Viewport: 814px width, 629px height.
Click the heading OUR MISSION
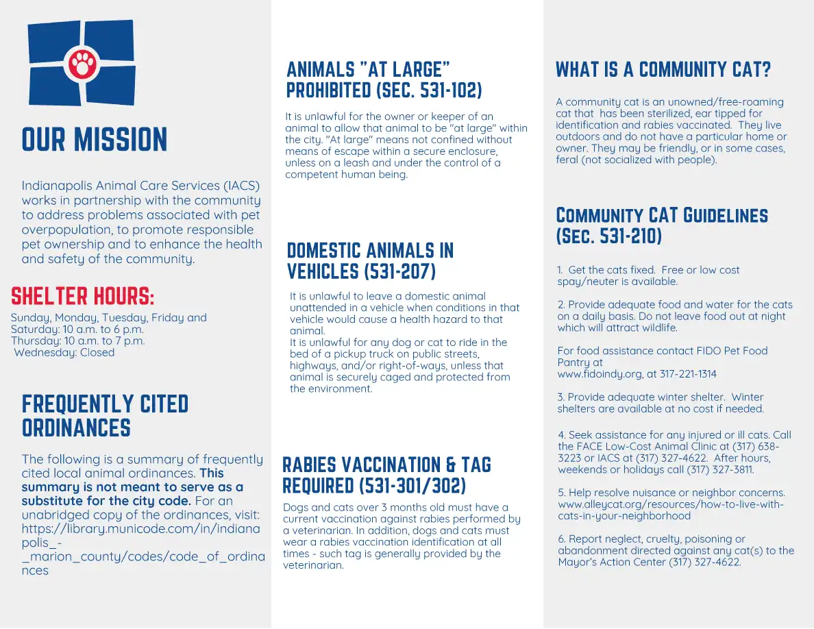(95, 140)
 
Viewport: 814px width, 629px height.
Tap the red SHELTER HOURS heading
(83, 297)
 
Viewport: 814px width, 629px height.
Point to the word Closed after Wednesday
(97, 353)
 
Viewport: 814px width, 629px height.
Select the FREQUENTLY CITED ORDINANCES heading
(105, 416)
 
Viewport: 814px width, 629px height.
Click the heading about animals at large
(384, 79)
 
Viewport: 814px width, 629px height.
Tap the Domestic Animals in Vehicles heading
(370, 260)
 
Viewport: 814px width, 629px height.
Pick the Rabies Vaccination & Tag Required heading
(386, 475)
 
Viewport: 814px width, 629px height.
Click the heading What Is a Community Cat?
(663, 70)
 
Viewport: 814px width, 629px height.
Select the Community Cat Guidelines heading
(661, 225)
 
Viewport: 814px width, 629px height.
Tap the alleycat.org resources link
(670, 510)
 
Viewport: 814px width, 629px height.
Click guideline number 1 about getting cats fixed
(648, 275)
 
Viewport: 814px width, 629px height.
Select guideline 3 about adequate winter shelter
(660, 403)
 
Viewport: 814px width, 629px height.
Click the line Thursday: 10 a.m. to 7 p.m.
(78, 341)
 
